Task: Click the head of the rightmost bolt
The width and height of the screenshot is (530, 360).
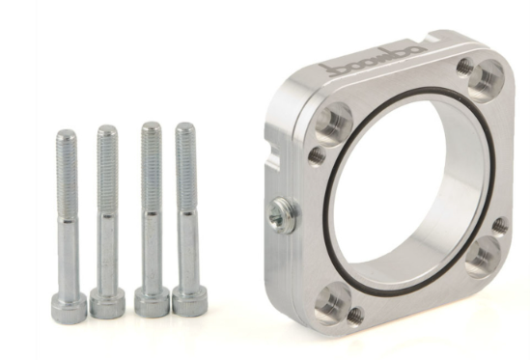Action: coord(186,302)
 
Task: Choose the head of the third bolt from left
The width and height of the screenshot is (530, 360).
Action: coord(152,302)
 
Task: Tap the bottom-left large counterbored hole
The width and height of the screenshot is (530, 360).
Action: coord(331,304)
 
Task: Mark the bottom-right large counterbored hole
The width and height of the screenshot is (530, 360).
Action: coord(483,256)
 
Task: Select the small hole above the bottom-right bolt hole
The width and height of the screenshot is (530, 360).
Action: coord(499,226)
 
